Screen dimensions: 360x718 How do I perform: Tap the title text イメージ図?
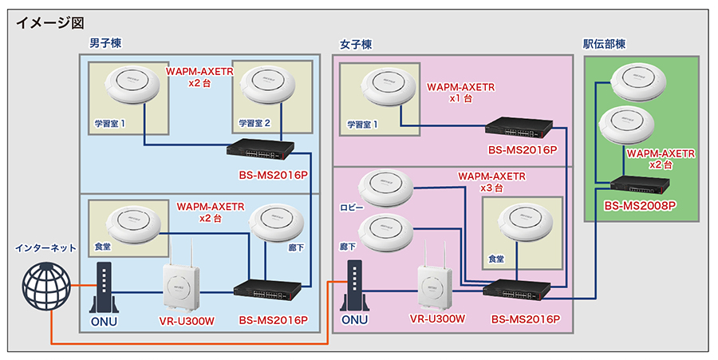pos(49,22)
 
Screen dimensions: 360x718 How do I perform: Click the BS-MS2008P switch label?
pos(640,206)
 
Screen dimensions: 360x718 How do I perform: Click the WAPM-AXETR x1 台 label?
pos(460,92)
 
